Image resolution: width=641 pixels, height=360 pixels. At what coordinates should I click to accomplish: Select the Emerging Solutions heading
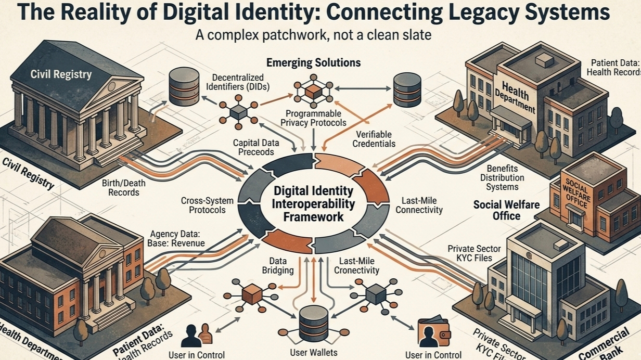pyautogui.click(x=313, y=63)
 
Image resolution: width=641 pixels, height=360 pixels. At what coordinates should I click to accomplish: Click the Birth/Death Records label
pyautogui.click(x=124, y=187)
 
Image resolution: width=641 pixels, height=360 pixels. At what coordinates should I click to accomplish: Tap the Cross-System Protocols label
pyautogui.click(x=203, y=205)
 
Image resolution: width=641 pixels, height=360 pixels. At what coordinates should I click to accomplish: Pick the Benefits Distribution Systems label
pyautogui.click(x=502, y=177)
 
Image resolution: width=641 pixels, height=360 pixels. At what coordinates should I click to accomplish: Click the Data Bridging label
pyautogui.click(x=281, y=265)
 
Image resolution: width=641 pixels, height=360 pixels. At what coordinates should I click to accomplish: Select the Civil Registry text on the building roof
pyautogui.click(x=61, y=74)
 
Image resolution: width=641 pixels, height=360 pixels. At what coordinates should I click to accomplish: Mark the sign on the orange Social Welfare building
pyautogui.click(x=576, y=194)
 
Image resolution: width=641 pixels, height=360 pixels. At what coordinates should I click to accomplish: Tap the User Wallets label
pyautogui.click(x=313, y=353)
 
